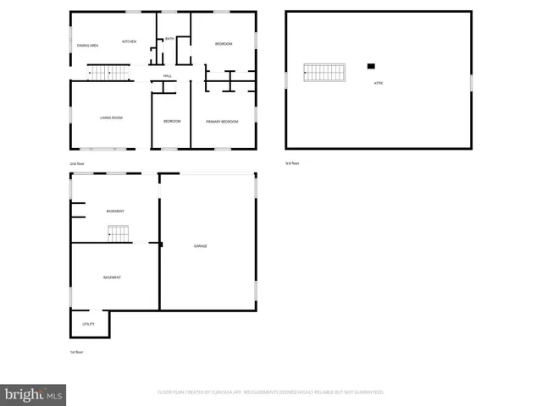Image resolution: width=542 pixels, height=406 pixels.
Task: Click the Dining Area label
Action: tap(88, 45)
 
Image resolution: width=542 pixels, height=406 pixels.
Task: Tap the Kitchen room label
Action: tap(129, 41)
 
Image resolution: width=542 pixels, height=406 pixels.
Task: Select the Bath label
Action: tap(169, 39)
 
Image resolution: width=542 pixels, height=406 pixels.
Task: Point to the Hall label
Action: tap(168, 76)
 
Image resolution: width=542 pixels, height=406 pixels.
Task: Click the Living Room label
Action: tap(112, 118)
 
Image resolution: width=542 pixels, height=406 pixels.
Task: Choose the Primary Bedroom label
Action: tap(222, 122)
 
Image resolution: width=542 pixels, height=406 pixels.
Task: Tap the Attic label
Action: tap(379, 83)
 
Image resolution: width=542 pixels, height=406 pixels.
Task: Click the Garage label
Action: tap(200, 246)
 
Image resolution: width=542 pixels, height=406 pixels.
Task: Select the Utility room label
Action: tap(88, 324)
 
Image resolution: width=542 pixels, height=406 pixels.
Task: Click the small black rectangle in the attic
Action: tap(371, 66)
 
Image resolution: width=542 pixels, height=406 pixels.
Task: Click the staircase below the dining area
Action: tap(108, 74)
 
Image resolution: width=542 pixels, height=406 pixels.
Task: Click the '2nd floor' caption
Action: tap(77, 163)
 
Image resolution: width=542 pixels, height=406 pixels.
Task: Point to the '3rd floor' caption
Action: tap(291, 163)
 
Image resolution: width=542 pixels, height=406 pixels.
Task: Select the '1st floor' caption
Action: tap(76, 352)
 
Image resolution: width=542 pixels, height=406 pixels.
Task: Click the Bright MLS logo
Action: tap(34, 394)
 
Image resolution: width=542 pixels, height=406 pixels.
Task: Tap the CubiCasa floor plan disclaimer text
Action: tap(271, 392)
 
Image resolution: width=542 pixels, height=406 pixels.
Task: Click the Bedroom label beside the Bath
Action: tap(224, 43)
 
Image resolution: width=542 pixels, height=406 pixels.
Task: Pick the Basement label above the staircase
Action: tap(115, 211)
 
